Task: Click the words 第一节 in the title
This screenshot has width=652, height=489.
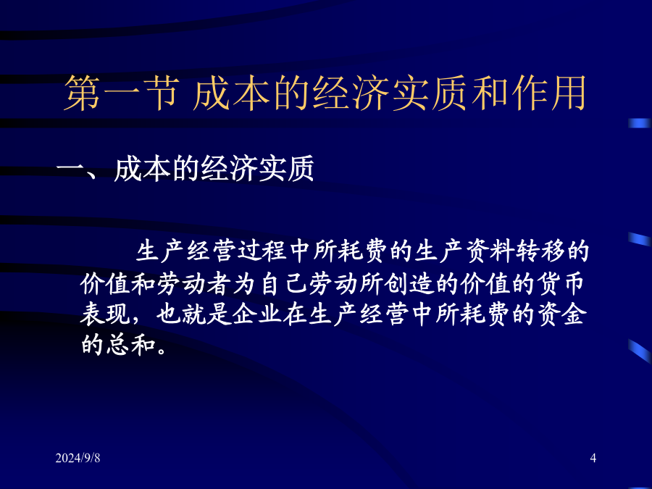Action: click(122, 93)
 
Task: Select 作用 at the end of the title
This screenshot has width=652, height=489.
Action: click(549, 93)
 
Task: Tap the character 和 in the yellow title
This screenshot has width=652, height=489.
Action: click(490, 93)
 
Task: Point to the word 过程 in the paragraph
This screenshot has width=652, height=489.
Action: click(262, 251)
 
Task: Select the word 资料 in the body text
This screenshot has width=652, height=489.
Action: click(490, 251)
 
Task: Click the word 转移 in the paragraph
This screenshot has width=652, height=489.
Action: click(540, 251)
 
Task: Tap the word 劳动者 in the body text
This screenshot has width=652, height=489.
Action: click(194, 284)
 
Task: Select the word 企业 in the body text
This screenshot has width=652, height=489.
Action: click(257, 314)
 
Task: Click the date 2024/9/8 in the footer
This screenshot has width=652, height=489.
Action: click(78, 458)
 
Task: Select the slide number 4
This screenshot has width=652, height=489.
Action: click(593, 459)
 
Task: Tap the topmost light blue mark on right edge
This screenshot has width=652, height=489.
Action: click(640, 123)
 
